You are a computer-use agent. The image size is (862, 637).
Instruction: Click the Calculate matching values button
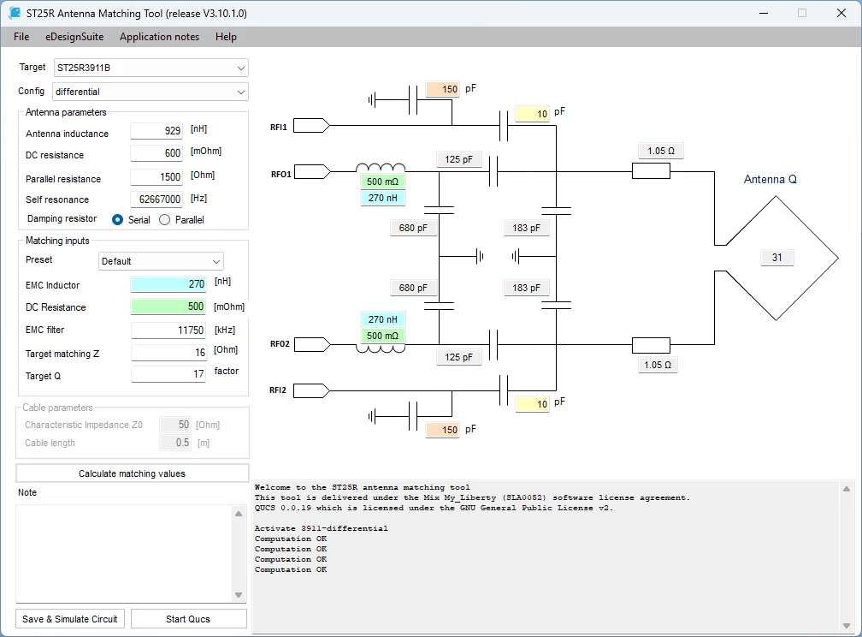(x=132, y=473)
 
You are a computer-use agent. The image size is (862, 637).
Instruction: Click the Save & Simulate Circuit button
(x=70, y=619)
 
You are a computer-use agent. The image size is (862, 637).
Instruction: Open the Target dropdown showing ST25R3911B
(x=151, y=68)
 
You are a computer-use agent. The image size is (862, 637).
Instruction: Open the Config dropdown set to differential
(x=151, y=92)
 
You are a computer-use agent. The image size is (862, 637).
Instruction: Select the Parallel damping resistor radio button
(x=164, y=220)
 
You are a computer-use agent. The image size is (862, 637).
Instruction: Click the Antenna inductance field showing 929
(x=156, y=130)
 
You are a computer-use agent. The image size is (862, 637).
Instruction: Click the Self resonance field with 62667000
(x=156, y=199)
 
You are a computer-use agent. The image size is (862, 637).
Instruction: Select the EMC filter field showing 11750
(x=168, y=330)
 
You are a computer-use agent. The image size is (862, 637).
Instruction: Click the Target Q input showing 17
(x=168, y=374)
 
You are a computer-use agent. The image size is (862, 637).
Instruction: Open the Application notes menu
(x=159, y=37)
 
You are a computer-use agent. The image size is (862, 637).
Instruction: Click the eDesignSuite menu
(x=74, y=37)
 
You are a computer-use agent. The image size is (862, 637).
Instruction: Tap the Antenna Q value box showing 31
(x=776, y=257)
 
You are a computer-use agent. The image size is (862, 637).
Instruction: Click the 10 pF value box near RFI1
(x=532, y=114)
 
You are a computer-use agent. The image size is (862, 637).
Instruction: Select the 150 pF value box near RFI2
(x=443, y=430)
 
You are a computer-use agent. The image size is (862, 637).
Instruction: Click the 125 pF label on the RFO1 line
(x=458, y=159)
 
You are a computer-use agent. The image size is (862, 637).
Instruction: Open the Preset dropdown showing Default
(x=161, y=261)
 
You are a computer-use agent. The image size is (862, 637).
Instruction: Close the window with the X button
(x=841, y=13)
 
